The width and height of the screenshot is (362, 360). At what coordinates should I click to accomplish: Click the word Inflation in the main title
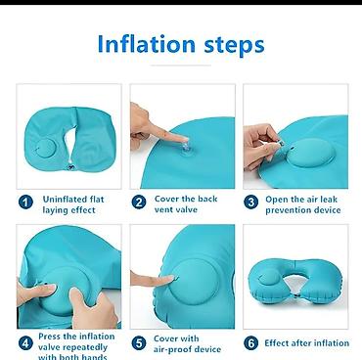(x=147, y=43)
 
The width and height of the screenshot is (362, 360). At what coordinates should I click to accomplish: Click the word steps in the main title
(x=234, y=45)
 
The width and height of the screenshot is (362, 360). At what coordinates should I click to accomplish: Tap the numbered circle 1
(x=25, y=202)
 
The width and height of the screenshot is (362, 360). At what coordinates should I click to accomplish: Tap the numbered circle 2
(x=139, y=202)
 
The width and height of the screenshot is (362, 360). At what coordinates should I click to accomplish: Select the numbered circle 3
(x=250, y=202)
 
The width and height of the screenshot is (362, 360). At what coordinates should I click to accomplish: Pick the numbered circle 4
(x=25, y=343)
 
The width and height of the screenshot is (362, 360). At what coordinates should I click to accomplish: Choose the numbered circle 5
(x=139, y=343)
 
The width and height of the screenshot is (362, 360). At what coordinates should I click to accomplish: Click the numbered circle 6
(x=250, y=343)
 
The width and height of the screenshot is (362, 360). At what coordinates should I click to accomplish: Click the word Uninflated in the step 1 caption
(x=61, y=200)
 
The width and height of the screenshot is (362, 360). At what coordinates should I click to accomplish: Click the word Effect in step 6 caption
(x=276, y=343)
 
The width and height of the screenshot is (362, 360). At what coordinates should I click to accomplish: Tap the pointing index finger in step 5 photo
(x=154, y=280)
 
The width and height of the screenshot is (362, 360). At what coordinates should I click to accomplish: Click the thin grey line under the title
(x=181, y=66)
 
